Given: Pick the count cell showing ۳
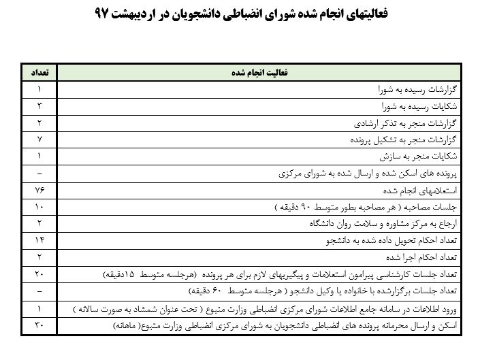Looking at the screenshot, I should [39, 106].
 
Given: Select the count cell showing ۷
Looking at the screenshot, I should [39, 140].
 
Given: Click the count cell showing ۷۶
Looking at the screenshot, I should [39, 190].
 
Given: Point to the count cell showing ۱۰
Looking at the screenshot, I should [39, 206].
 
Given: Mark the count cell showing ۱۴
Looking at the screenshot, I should [39, 240].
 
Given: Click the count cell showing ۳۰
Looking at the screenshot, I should [39, 324].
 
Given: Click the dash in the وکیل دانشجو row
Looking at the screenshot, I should [39, 291].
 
